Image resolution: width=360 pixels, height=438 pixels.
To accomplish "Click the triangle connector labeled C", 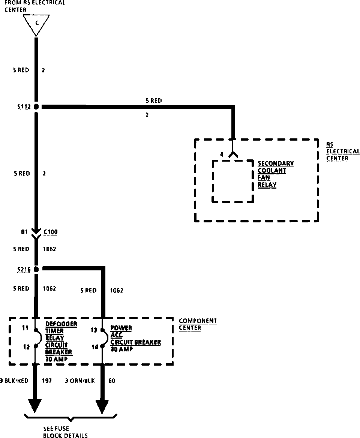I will [36, 24].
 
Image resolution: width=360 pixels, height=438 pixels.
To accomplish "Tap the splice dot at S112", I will [36, 107].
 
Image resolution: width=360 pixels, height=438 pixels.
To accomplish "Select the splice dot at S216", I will [36, 269].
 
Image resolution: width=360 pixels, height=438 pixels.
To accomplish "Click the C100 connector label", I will [50, 232].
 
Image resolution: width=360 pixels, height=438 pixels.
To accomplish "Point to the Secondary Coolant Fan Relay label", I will [276, 174].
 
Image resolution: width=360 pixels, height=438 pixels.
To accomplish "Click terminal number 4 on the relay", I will [222, 154].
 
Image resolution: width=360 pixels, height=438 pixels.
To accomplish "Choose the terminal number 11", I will [25, 328].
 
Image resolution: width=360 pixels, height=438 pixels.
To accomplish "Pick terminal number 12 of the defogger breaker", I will [26, 347].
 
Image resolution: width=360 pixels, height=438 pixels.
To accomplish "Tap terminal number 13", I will [94, 330].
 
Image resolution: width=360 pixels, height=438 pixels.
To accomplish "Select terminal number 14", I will [95, 347].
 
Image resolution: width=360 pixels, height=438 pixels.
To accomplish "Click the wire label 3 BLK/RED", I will [14, 381].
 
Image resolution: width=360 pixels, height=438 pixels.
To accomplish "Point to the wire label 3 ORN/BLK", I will [80, 381].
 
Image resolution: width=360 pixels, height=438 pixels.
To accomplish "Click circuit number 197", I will [46, 381].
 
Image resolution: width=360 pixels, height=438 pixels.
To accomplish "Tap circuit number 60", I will [112, 381].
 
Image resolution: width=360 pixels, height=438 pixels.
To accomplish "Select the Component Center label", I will [198, 324].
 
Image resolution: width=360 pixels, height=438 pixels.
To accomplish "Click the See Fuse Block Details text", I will [65, 432].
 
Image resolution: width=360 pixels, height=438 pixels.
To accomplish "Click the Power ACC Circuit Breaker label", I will [135, 338].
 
